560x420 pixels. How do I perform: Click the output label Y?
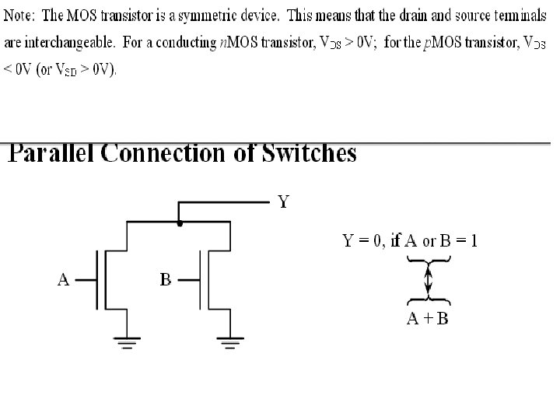point(284,203)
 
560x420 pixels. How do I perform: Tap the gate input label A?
point(64,280)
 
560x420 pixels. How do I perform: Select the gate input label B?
point(166,280)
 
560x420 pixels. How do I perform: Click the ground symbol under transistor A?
point(126,339)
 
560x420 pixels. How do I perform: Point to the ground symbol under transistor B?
point(229,339)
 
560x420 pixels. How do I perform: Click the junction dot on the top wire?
point(180,223)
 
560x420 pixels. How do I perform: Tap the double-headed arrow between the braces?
point(428,281)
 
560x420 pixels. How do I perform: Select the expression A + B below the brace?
point(428,319)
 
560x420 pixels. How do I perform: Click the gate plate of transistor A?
point(96,280)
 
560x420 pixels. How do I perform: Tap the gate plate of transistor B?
point(200,280)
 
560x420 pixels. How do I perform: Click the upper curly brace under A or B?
point(428,262)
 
